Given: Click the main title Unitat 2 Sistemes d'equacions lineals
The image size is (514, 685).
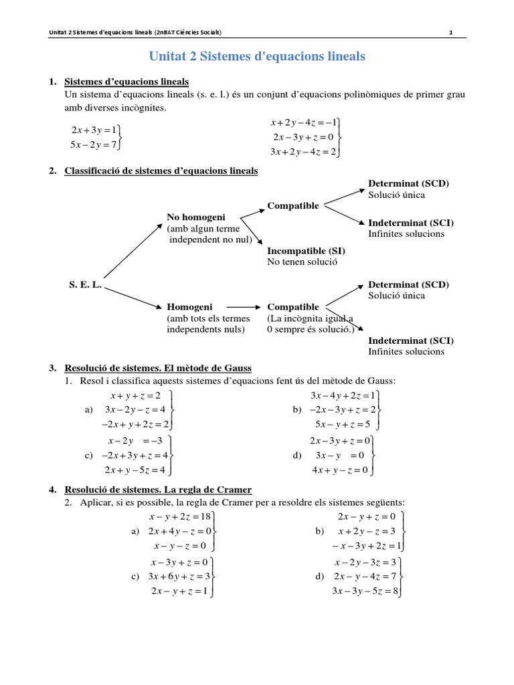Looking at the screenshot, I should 256,57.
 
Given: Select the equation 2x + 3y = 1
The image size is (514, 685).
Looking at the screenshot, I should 94,129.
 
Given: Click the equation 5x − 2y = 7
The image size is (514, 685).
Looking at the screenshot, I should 94,143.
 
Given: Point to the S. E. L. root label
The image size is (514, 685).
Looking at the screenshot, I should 85,284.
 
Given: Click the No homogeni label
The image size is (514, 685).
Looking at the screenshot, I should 196,217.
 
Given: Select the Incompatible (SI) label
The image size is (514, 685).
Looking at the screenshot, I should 306,251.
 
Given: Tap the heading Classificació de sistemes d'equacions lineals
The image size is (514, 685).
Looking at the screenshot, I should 161,171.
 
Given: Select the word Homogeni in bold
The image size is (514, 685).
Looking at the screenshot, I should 187,307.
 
